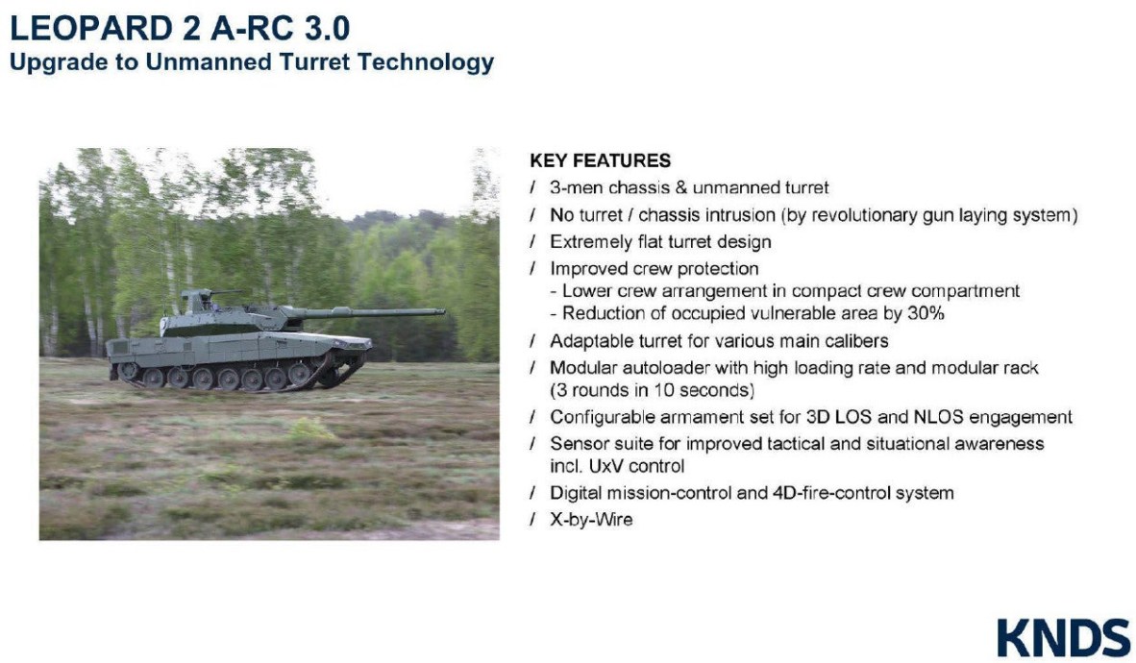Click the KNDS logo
coord(1063,638)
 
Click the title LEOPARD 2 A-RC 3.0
coord(180,29)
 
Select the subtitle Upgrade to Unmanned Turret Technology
coord(252,63)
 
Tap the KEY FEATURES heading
coord(600,160)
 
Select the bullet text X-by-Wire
coord(591,520)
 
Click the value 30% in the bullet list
coord(925,313)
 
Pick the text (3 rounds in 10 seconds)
coord(652,391)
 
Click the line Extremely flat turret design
coord(660,242)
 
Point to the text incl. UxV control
coord(617,466)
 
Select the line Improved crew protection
coord(654,269)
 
